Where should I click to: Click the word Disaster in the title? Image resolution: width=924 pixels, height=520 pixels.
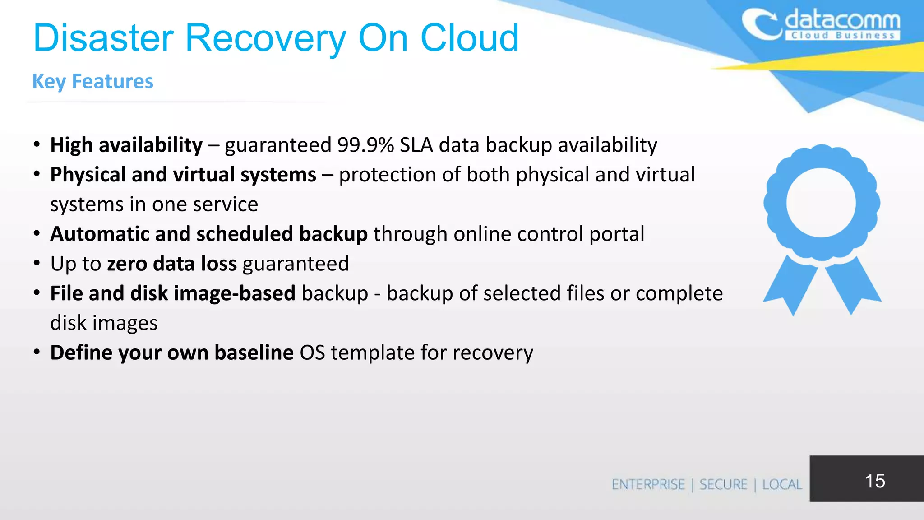[x=104, y=38]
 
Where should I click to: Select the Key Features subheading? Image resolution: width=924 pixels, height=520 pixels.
[x=93, y=82]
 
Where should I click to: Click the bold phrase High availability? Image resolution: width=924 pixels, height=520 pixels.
[x=126, y=145]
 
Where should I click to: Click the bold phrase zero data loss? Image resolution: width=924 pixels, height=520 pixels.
[x=171, y=264]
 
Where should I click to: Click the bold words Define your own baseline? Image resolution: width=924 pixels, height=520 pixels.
[x=172, y=353]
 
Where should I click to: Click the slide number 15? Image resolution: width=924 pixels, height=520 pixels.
[x=874, y=481]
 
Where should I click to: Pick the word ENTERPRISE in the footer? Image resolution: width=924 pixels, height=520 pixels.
[x=648, y=485]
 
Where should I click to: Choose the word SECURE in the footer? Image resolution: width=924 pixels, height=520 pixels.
[x=723, y=485]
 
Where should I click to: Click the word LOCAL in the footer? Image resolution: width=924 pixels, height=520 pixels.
[x=782, y=485]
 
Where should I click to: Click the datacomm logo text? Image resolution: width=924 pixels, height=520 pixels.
[x=842, y=22]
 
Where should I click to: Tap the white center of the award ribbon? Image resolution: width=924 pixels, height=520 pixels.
[x=821, y=203]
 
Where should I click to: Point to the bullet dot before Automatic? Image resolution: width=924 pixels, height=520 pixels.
[x=37, y=234]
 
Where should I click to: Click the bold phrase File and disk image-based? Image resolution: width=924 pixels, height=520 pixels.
[x=173, y=293]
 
